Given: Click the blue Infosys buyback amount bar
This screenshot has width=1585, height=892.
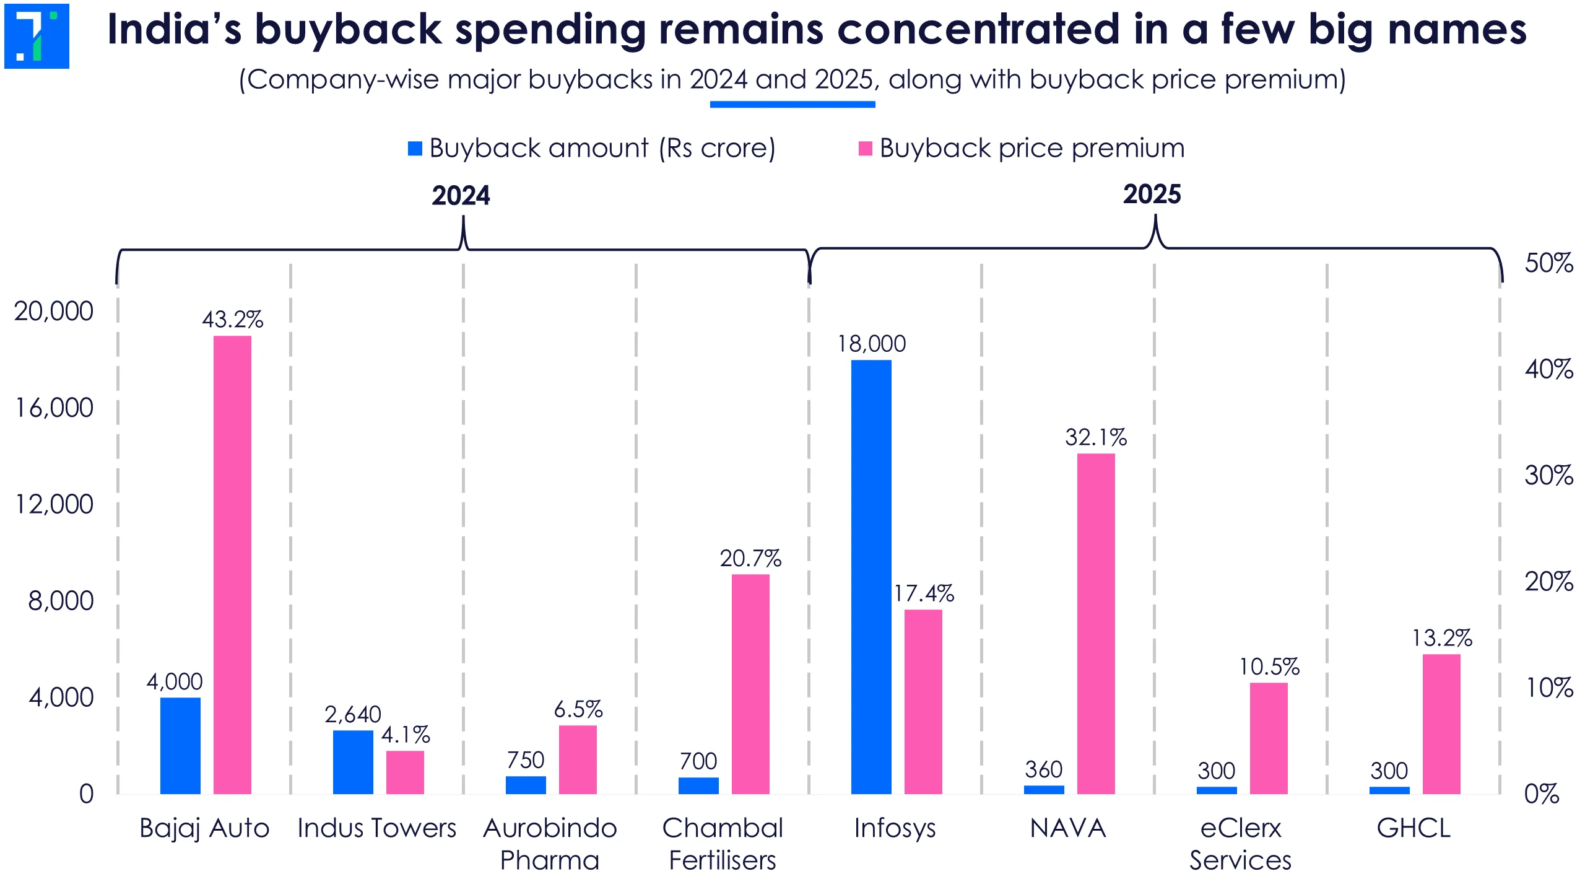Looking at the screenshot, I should [871, 576].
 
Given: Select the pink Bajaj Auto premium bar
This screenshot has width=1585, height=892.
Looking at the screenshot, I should [232, 564].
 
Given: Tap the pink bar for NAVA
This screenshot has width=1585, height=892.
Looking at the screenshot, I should [1096, 623].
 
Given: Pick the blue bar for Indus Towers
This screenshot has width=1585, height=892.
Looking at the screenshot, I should [353, 762].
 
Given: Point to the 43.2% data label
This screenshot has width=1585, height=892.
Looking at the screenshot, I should [232, 320].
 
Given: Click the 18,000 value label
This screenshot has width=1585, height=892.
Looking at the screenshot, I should [871, 344].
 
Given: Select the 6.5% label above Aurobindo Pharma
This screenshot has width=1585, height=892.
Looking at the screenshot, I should [578, 709].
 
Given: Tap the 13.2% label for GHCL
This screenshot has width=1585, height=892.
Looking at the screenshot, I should [1441, 638].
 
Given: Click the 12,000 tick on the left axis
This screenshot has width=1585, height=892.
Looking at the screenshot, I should [54, 504].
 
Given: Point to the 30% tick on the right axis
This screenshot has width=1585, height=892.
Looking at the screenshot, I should [1548, 476].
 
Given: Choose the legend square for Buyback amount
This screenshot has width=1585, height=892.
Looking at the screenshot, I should [415, 149].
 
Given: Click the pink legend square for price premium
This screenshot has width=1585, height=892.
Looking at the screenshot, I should [865, 149].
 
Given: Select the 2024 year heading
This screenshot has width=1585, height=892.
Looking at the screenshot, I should [461, 196].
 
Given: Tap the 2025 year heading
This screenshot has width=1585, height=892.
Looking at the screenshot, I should [1152, 195].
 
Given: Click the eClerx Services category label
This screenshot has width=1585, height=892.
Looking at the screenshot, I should [1240, 844].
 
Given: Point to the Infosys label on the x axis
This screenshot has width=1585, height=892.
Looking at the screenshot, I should [895, 828].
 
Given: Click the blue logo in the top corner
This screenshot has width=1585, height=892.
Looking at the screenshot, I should [37, 36].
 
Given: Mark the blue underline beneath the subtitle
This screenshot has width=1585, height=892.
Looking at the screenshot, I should [792, 105].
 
